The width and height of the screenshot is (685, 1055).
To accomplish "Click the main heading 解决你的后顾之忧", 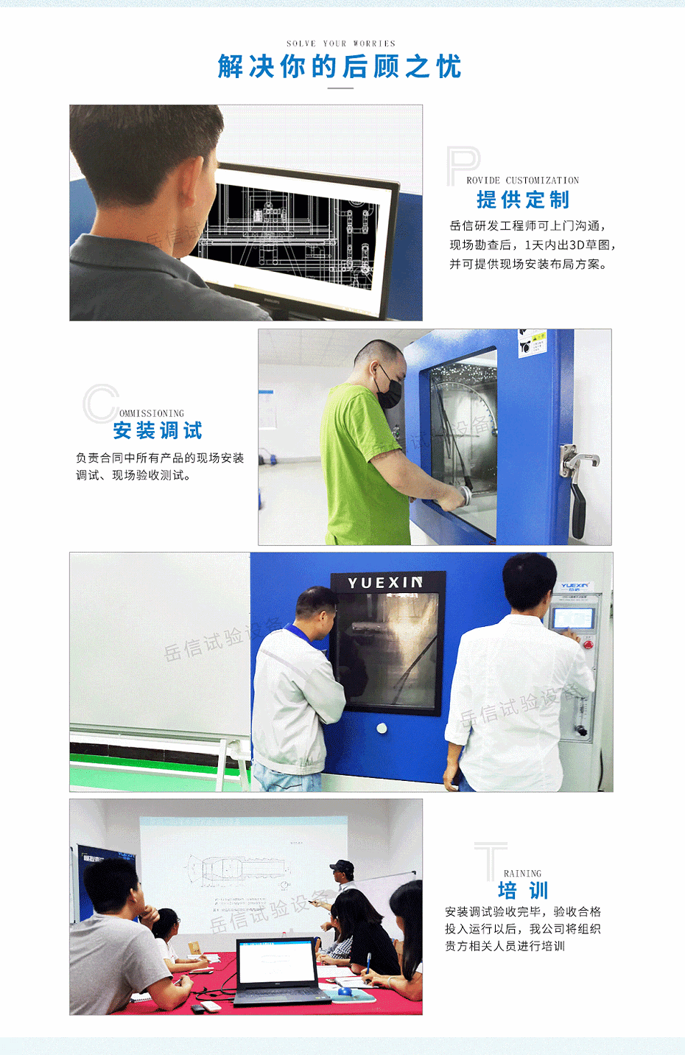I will (x=340, y=67).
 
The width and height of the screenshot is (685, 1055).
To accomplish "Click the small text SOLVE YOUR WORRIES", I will (x=341, y=43).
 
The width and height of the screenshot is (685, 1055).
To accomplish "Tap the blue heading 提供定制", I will (x=523, y=200).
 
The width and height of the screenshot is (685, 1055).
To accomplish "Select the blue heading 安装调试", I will (x=158, y=430).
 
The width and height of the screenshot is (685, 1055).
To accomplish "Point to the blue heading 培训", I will (x=523, y=891).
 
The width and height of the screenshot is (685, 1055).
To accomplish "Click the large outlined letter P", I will (x=462, y=165).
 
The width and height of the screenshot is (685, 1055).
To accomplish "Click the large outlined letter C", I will (x=99, y=403).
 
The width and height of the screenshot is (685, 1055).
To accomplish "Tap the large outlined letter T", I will (x=491, y=861).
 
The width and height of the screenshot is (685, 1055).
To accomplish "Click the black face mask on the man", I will (x=389, y=387).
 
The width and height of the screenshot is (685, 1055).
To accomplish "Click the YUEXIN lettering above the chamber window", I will (x=385, y=583).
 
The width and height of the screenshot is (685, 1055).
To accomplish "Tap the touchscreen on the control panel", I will (x=572, y=617).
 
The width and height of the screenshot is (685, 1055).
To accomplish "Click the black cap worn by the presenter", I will (x=341, y=866).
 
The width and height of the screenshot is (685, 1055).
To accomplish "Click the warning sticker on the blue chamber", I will (x=533, y=343).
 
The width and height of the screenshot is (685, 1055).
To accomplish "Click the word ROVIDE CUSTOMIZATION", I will (x=522, y=180).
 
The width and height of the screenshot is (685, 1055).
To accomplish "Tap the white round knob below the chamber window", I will (x=382, y=728).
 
